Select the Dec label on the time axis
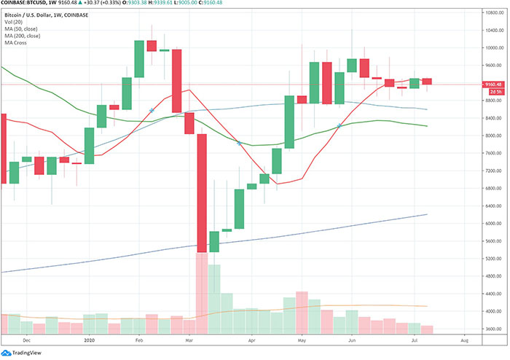click(x=26, y=340)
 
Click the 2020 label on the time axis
click(x=90, y=340)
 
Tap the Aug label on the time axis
click(x=463, y=340)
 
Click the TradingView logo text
click(x=25, y=353)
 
